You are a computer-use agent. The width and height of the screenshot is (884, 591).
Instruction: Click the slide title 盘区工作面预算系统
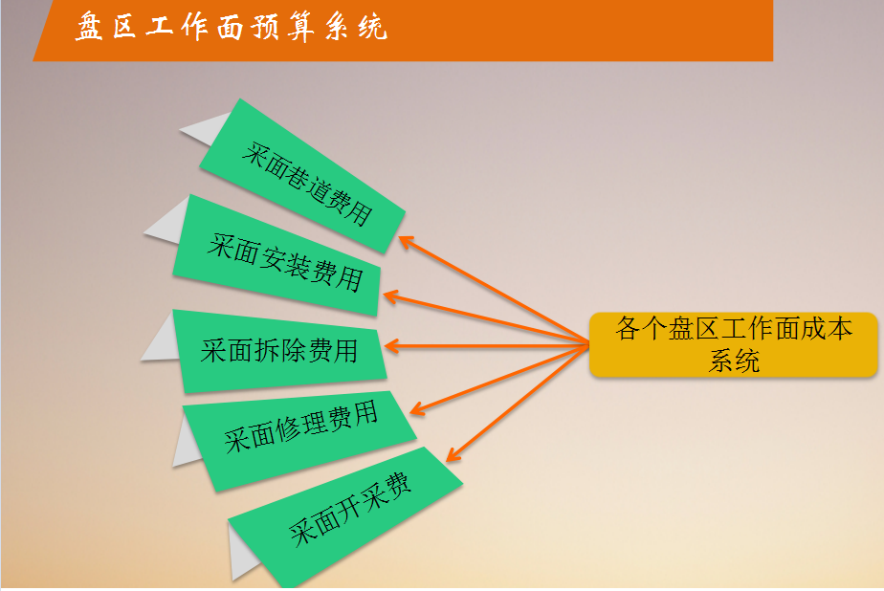coord(232,27)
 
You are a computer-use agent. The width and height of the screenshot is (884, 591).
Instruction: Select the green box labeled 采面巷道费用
coord(302,176)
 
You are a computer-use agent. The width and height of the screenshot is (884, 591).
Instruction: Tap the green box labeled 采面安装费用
coord(276,255)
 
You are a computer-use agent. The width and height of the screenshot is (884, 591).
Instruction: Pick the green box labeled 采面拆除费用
coord(279,351)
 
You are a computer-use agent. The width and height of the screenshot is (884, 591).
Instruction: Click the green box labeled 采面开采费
coord(345,517)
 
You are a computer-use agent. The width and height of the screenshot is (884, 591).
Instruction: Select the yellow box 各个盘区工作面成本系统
coord(734,344)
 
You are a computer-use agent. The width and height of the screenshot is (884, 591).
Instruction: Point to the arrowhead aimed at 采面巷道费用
coord(406,242)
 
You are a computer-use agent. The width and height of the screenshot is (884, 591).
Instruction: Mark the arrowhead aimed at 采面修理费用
coord(418,408)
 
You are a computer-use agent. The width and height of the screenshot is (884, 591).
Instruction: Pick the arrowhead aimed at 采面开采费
coord(453,453)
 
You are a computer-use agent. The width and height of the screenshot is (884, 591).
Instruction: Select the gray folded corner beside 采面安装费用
coord(167,221)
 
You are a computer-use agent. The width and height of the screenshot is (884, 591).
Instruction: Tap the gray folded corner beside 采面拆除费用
coord(161,338)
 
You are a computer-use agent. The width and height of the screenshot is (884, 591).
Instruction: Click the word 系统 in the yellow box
coord(734,361)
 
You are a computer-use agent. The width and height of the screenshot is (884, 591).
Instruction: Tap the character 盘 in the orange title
coord(90,27)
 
